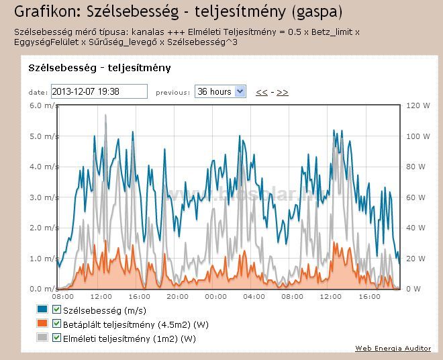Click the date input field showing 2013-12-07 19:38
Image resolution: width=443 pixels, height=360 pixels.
coord(98,91)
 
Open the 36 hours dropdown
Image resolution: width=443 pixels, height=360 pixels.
coord(220,91)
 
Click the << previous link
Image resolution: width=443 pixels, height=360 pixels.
coord(262,92)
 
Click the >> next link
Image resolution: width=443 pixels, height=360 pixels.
coord(283,92)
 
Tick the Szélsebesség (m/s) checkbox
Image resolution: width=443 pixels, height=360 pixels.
coord(56,310)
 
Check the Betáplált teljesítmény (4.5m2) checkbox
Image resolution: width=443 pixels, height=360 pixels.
coord(56,324)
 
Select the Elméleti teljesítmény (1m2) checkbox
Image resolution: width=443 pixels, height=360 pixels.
coord(56,338)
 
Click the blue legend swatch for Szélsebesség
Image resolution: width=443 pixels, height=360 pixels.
coord(42,310)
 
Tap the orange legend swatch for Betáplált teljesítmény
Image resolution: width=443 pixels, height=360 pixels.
coord(42,324)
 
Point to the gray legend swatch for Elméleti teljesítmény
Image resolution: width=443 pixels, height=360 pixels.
coord(42,338)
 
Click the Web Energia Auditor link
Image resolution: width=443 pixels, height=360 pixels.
coord(393,348)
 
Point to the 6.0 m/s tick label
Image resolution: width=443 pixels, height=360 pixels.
coord(41,105)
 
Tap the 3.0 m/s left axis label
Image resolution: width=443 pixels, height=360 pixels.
coord(41,197)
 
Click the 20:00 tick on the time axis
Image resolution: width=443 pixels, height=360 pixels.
coord(177,296)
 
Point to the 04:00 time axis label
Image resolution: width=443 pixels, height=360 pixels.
coord(254,296)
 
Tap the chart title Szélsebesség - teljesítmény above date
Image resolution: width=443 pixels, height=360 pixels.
coord(99,68)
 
